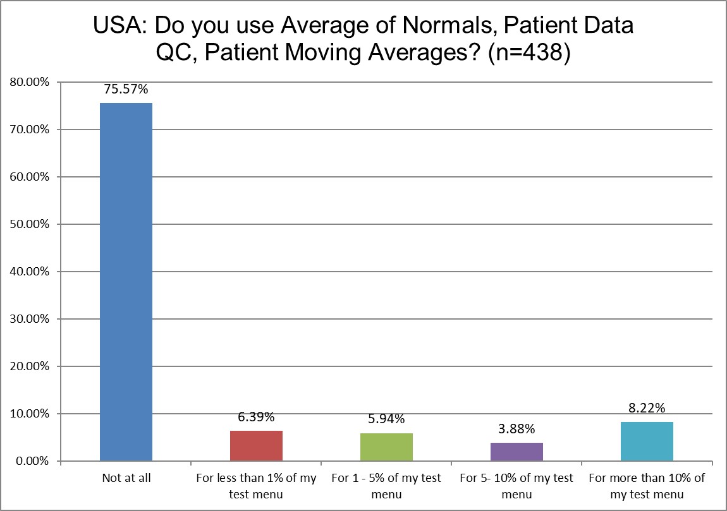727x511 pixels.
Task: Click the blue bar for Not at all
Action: [x=126, y=282]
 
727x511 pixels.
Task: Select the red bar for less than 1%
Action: [x=256, y=446]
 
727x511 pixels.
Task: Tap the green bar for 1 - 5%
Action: [x=386, y=447]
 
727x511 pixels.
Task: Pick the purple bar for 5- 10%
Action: [x=516, y=452]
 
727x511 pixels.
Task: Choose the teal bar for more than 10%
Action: [x=647, y=442]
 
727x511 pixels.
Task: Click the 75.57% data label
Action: [x=126, y=90]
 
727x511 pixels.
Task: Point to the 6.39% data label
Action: [x=256, y=418]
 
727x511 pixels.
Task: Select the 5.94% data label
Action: [x=386, y=419]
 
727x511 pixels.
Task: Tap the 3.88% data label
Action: [x=516, y=430]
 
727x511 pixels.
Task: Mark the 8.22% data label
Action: [x=647, y=409]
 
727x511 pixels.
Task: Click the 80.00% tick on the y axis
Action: [x=29, y=82]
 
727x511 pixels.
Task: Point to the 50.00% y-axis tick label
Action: [x=29, y=224]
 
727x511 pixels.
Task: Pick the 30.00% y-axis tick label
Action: [x=29, y=319]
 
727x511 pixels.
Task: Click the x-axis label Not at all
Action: [x=126, y=479]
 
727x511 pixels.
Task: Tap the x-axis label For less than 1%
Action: [x=256, y=486]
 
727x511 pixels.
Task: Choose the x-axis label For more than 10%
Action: [x=647, y=486]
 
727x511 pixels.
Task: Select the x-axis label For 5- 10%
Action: [x=516, y=486]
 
